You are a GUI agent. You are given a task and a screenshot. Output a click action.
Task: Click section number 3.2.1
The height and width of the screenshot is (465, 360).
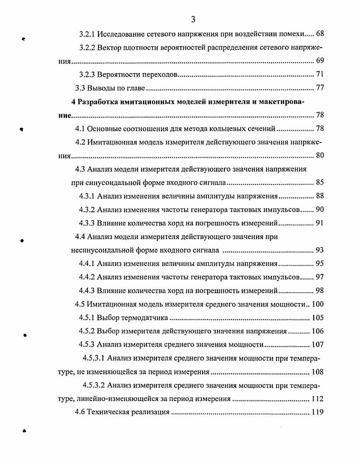coord(88,34)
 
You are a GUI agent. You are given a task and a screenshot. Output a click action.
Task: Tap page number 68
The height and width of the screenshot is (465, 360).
coord(320,34)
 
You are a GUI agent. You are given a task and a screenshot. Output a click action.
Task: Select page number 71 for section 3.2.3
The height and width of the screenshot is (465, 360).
coord(320,74)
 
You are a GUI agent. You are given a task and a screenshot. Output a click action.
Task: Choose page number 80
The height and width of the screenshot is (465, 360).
coord(320,156)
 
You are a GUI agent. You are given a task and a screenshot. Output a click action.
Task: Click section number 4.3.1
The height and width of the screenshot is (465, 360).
coord(87,196)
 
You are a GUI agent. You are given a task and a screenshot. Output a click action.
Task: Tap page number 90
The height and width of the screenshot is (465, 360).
coord(320,210)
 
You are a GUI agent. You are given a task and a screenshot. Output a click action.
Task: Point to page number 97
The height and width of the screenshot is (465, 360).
coord(320,277)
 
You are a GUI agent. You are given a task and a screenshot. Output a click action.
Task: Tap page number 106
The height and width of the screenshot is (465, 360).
coord(317,331)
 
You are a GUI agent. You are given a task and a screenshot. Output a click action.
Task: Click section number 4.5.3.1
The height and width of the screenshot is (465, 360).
coord(94,358)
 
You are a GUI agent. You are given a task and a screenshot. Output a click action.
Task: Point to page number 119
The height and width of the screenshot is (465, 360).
coord(317,412)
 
